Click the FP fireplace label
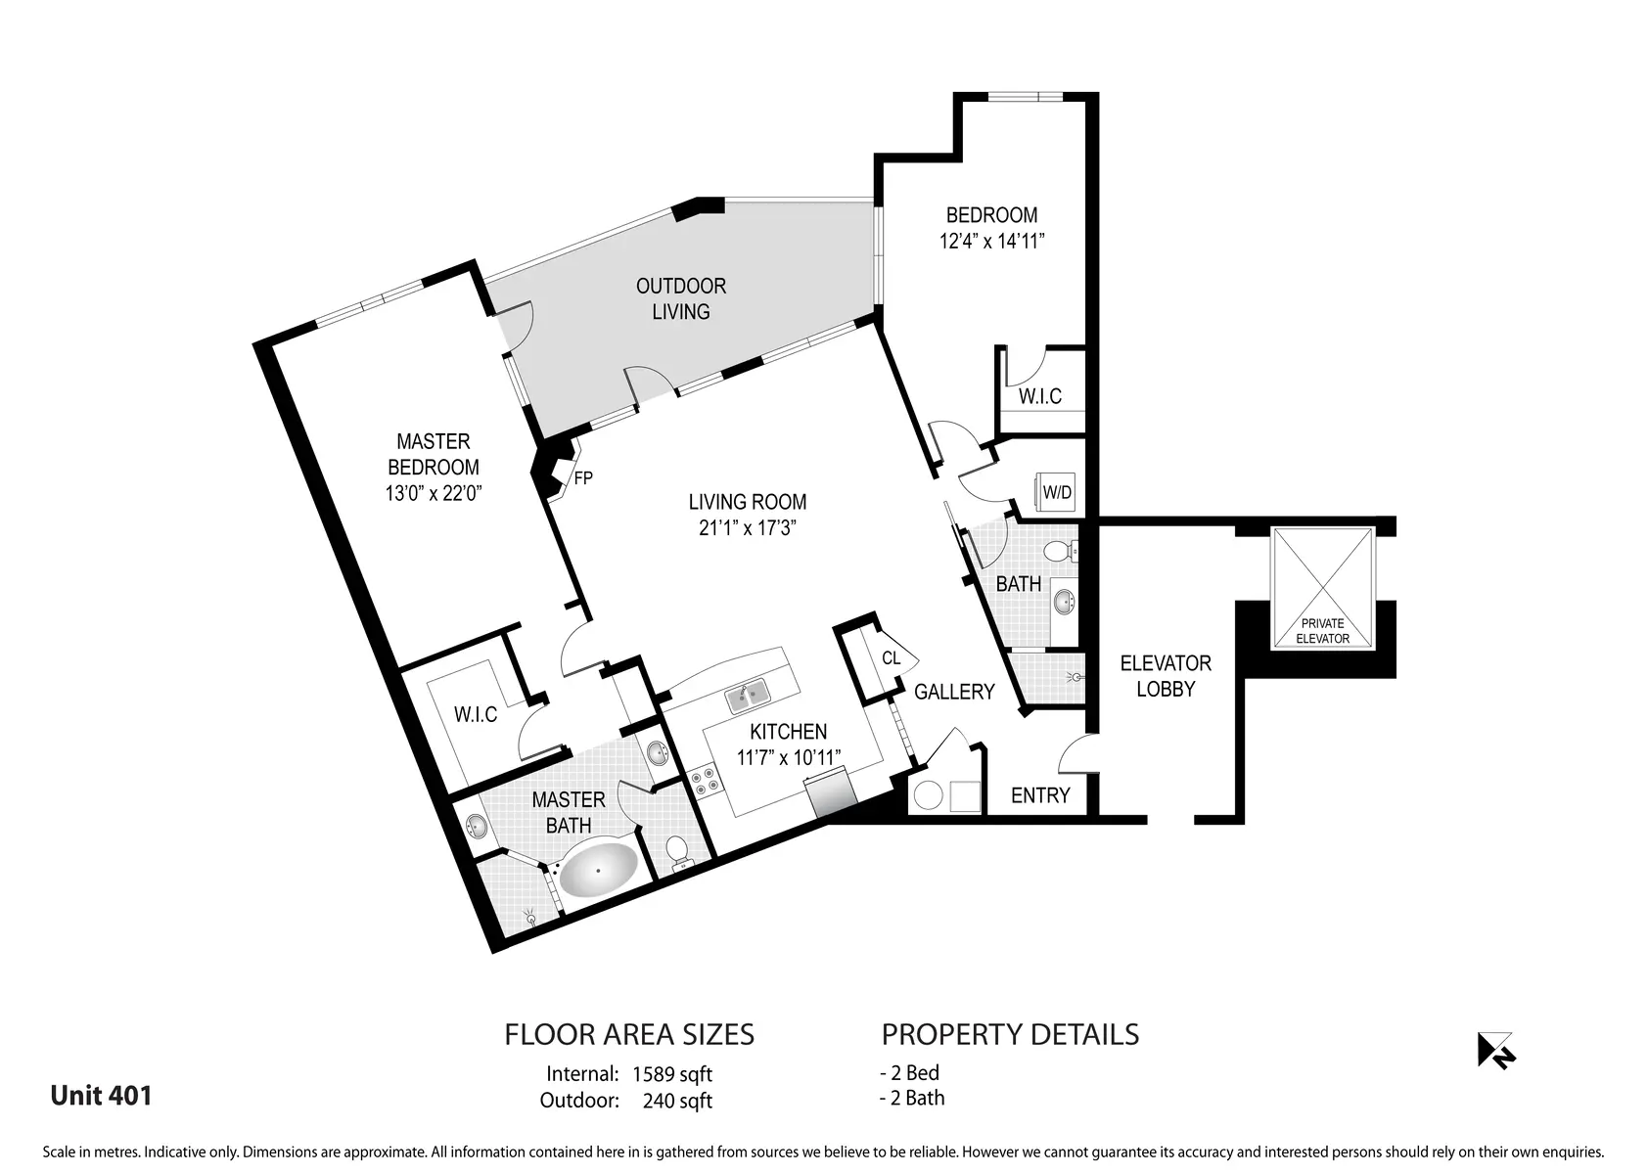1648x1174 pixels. coord(583,478)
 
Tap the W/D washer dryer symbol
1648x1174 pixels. coord(1056,492)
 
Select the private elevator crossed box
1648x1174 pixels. coord(1322,589)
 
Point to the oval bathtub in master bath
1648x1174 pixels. coord(598,870)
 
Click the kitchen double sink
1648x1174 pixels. coord(748,696)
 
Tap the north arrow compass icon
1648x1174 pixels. coord(1495,1051)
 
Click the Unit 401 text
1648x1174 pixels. coord(101,1096)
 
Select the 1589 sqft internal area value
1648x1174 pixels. coord(672,1074)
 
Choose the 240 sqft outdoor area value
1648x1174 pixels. coord(677,1102)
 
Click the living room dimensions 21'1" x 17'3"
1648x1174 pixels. coord(748,528)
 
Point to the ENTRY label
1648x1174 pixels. coord(1040,795)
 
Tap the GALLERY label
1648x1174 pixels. coord(954,692)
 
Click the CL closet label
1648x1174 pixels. coord(891,658)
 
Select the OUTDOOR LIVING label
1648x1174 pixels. coord(681,298)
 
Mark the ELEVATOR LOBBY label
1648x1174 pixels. coord(1166,676)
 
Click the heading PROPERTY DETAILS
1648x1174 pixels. coord(1010,1035)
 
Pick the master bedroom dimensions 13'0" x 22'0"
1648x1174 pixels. coord(434,494)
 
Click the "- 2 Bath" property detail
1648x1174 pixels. coord(912,1099)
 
